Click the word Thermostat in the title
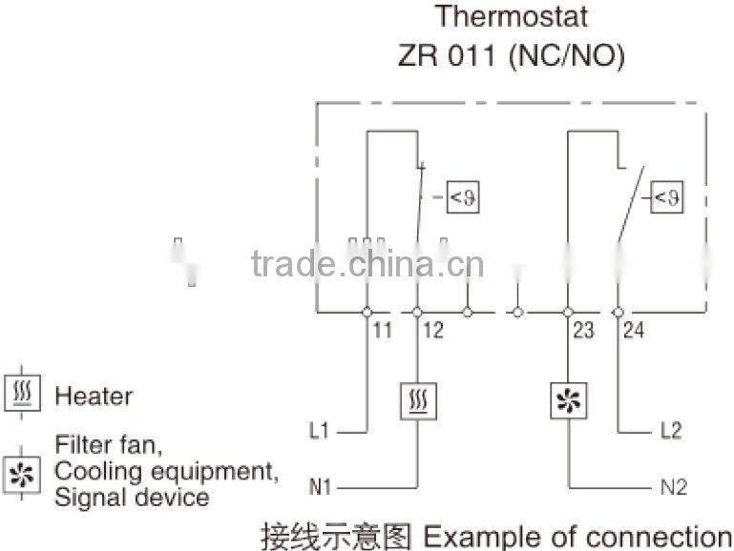pyautogui.click(x=512, y=16)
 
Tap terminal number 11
pyautogui.click(x=382, y=331)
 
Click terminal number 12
pyautogui.click(x=432, y=331)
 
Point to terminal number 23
pyautogui.click(x=582, y=331)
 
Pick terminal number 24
pyautogui.click(x=634, y=331)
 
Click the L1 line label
pyautogui.click(x=320, y=431)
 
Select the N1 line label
pyautogui.click(x=320, y=488)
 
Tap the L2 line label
pyautogui.click(x=671, y=431)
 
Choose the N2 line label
pyautogui.click(x=673, y=488)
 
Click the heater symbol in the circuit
pyautogui.click(x=417, y=400)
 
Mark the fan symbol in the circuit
pyautogui.click(x=568, y=401)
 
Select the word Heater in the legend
pyautogui.click(x=94, y=396)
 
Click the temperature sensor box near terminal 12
pyautogui.click(x=463, y=197)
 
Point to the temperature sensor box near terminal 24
pyautogui.click(x=665, y=198)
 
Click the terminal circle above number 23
pyautogui.click(x=567, y=312)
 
